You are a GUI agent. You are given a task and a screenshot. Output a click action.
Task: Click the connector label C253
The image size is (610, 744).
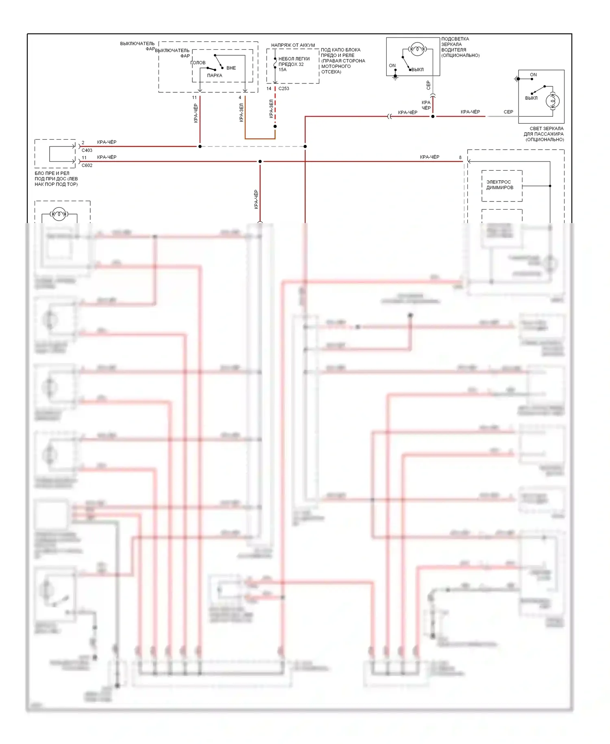pyautogui.click(x=283, y=88)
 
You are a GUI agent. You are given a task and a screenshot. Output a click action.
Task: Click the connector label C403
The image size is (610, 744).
pyautogui.click(x=87, y=150)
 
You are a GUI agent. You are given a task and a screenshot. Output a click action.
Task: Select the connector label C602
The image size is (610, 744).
pyautogui.click(x=87, y=165)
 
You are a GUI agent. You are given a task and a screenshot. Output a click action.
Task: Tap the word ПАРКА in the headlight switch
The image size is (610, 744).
pyautogui.click(x=214, y=75)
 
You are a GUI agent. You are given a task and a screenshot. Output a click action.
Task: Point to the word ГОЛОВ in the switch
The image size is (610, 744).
pyautogui.click(x=198, y=63)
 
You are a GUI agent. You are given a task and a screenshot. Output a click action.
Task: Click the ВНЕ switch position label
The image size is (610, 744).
pyautogui.click(x=231, y=68)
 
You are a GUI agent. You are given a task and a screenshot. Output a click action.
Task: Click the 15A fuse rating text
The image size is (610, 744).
pyautogui.click(x=282, y=70)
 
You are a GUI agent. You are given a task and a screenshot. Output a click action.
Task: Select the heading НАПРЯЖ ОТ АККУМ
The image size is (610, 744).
pyautogui.click(x=293, y=45)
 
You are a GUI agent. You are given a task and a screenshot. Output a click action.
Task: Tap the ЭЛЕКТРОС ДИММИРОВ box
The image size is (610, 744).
pyautogui.click(x=502, y=185)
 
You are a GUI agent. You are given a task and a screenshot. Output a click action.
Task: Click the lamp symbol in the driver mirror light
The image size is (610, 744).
pyautogui.click(x=417, y=49)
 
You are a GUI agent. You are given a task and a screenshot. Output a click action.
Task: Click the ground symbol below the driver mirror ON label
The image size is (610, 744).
pyautogui.click(x=395, y=77)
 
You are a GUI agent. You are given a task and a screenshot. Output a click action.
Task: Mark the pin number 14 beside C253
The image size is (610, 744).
pyautogui.click(x=269, y=88)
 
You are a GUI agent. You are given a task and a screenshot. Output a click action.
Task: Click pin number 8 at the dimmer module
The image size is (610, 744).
pyautogui.click(x=460, y=158)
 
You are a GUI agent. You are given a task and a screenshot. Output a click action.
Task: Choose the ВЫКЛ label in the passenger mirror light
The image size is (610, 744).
pyautogui.click(x=531, y=98)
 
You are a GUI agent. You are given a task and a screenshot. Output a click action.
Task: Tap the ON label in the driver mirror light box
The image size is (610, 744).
pyautogui.click(x=392, y=66)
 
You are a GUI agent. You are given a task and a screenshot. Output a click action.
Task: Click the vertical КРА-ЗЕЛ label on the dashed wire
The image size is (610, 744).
pyautogui.click(x=271, y=109)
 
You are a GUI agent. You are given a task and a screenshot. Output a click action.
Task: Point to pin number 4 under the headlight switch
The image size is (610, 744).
pyautogui.click(x=240, y=98)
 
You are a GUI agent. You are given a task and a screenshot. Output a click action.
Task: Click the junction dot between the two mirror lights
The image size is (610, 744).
pyautogui.click(x=433, y=116)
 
